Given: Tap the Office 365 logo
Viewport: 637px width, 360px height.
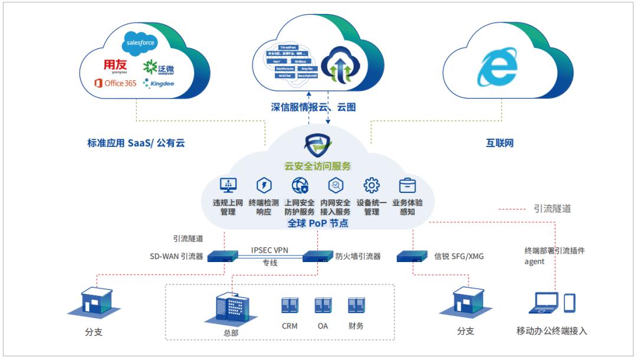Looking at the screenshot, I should (115, 83).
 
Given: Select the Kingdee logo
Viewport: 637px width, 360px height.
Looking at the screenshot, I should (159, 84).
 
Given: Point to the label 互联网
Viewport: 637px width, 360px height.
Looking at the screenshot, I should (500, 142).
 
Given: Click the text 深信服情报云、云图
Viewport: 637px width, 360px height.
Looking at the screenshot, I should (313, 107).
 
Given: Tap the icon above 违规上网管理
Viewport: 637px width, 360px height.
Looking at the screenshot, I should (228, 185).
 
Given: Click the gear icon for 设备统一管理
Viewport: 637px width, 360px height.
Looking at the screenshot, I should (371, 185).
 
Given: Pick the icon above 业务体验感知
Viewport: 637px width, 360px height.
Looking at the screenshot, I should (407, 185).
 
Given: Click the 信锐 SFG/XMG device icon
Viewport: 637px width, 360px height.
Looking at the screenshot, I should (412, 256).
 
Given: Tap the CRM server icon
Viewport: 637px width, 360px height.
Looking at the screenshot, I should (289, 305).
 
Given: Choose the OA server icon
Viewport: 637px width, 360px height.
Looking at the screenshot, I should (322, 305).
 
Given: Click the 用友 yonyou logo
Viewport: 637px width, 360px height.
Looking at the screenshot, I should (116, 65).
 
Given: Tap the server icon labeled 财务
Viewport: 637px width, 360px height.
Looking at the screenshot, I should (356, 305).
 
